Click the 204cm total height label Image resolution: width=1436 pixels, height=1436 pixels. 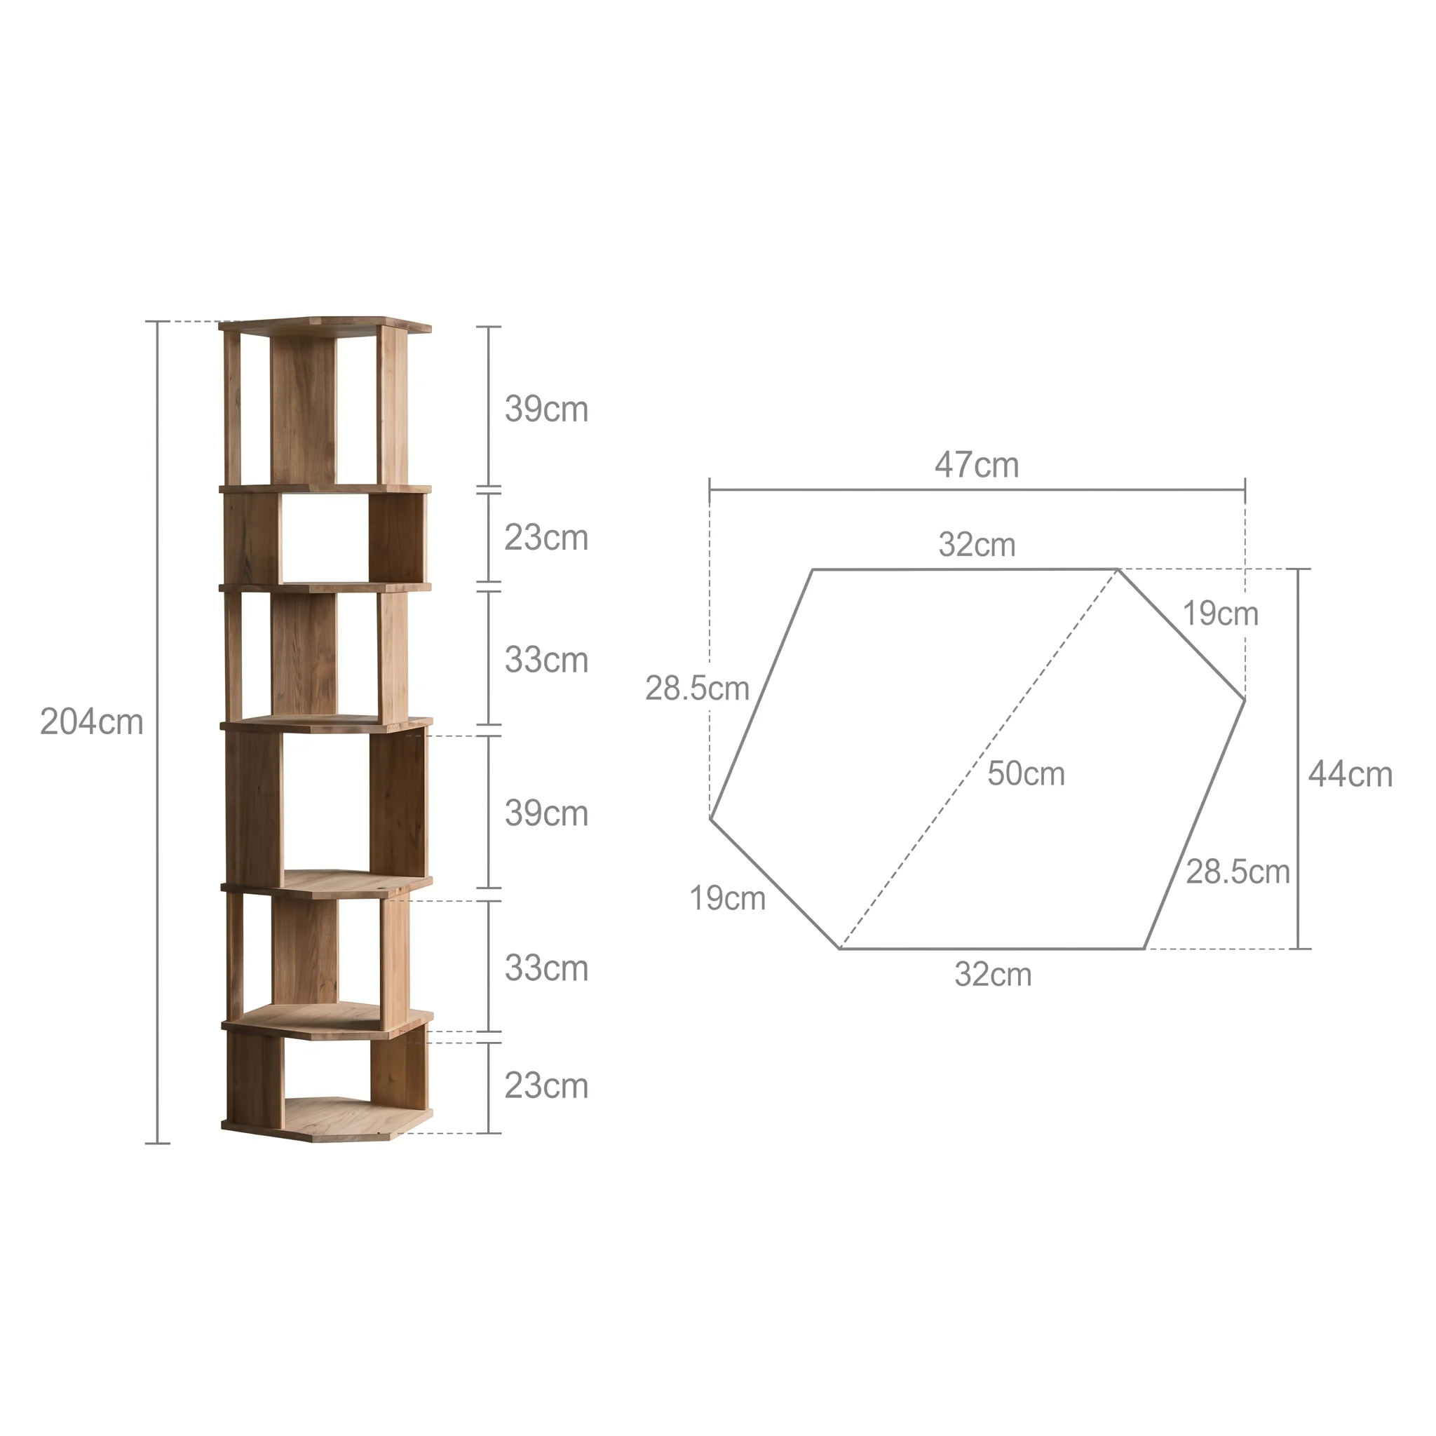point(91,722)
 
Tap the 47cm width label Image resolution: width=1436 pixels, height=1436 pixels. point(977,466)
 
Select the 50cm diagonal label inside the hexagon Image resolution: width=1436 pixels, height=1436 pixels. point(1026,774)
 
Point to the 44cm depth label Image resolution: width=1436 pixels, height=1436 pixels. point(1350,775)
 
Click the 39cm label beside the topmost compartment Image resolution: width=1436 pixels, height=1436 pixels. point(546,409)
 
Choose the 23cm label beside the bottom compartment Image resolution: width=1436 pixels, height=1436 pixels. point(546,1086)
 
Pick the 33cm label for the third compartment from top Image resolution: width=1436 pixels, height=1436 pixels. point(546,660)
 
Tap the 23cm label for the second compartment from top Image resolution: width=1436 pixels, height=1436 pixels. point(546,537)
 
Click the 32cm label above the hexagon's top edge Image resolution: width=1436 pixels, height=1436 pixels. point(977,545)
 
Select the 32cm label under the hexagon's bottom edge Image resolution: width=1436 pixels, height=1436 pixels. point(993,975)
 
